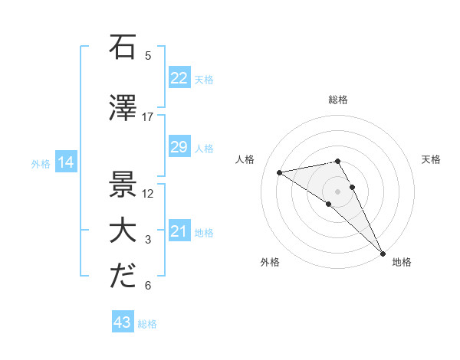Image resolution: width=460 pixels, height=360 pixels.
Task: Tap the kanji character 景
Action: (x=123, y=185)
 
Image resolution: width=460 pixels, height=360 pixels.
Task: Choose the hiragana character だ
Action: (x=123, y=277)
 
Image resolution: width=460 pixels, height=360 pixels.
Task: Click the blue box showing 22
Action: (x=179, y=78)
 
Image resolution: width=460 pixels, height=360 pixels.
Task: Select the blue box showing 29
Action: (x=179, y=147)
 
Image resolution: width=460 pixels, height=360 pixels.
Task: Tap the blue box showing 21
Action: (x=179, y=231)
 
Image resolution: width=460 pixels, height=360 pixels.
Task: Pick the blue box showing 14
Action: (x=65, y=162)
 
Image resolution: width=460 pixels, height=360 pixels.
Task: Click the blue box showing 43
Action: (x=123, y=322)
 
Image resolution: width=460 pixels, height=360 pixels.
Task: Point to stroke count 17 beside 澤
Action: (x=148, y=117)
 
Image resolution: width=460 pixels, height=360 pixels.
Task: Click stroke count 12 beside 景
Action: (x=148, y=194)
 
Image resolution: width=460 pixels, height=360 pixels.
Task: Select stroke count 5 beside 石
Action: (x=148, y=55)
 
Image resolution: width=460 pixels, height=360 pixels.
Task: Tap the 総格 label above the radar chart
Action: (x=338, y=100)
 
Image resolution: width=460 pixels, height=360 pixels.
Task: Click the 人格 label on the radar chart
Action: (x=246, y=159)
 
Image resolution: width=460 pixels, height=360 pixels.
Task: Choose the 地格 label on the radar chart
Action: (x=402, y=262)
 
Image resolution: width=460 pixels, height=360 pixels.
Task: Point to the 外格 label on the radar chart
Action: (x=269, y=262)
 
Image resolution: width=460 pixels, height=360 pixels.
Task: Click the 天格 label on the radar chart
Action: (x=431, y=159)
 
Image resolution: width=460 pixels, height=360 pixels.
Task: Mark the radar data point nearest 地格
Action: (x=383, y=252)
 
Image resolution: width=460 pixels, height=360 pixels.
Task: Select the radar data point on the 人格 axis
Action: (x=280, y=172)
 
